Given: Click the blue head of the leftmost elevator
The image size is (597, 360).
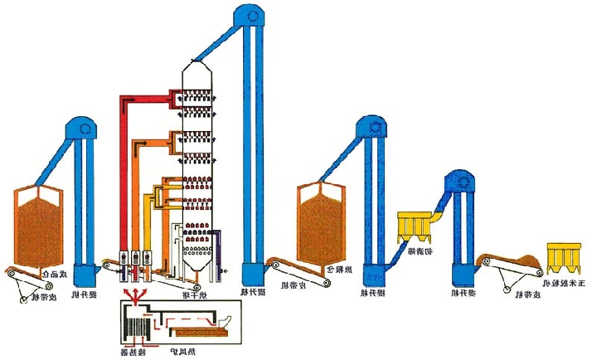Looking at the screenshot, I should pyautogui.click(x=80, y=129).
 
